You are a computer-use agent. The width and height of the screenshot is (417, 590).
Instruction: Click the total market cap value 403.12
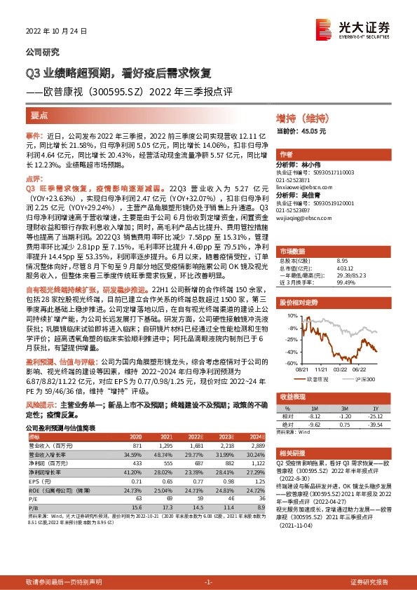[x=346, y=266]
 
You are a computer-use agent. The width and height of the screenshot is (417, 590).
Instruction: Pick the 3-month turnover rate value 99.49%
[x=346, y=282]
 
